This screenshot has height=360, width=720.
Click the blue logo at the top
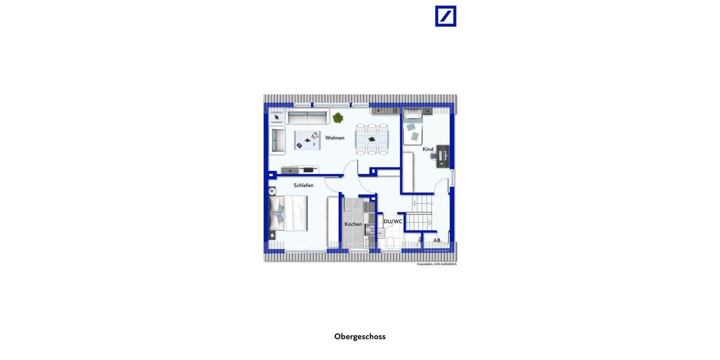tap(445, 16)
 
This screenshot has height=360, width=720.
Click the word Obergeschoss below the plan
tap(360, 337)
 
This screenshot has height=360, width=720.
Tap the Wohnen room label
tap(335, 138)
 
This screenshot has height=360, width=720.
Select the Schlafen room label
tap(304, 185)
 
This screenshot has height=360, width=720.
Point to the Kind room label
tap(428, 149)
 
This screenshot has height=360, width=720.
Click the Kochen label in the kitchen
tap(353, 224)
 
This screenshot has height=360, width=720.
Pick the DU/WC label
tap(393, 221)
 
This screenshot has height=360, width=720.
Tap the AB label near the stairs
tap(437, 241)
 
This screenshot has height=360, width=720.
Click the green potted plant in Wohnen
tap(338, 118)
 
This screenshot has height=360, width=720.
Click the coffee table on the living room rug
tap(307, 140)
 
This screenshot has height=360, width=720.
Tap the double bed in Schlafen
tap(289, 213)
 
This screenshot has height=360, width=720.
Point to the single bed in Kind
tap(413, 127)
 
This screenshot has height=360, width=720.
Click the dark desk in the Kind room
tap(443, 156)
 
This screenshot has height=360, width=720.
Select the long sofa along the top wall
tap(308, 116)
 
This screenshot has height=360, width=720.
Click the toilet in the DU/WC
tap(390, 242)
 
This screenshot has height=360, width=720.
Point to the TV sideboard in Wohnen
tap(299, 170)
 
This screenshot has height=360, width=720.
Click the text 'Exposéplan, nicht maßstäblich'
tap(437, 264)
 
